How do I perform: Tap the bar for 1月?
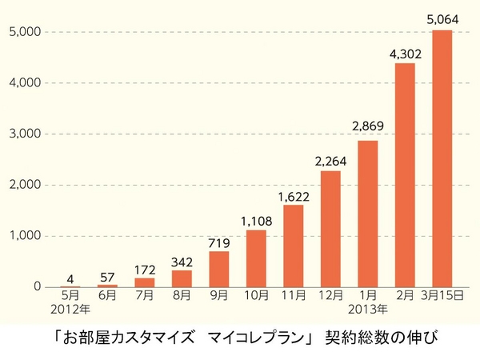[368, 214]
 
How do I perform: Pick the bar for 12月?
[330, 229]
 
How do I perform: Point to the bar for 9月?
[219, 269]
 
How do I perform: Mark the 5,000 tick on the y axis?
[24, 32]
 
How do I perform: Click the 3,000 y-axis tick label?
[24, 134]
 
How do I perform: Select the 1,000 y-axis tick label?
[24, 236]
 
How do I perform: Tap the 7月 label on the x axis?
[145, 296]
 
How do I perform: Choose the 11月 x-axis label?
[294, 296]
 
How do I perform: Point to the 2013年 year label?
[368, 309]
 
